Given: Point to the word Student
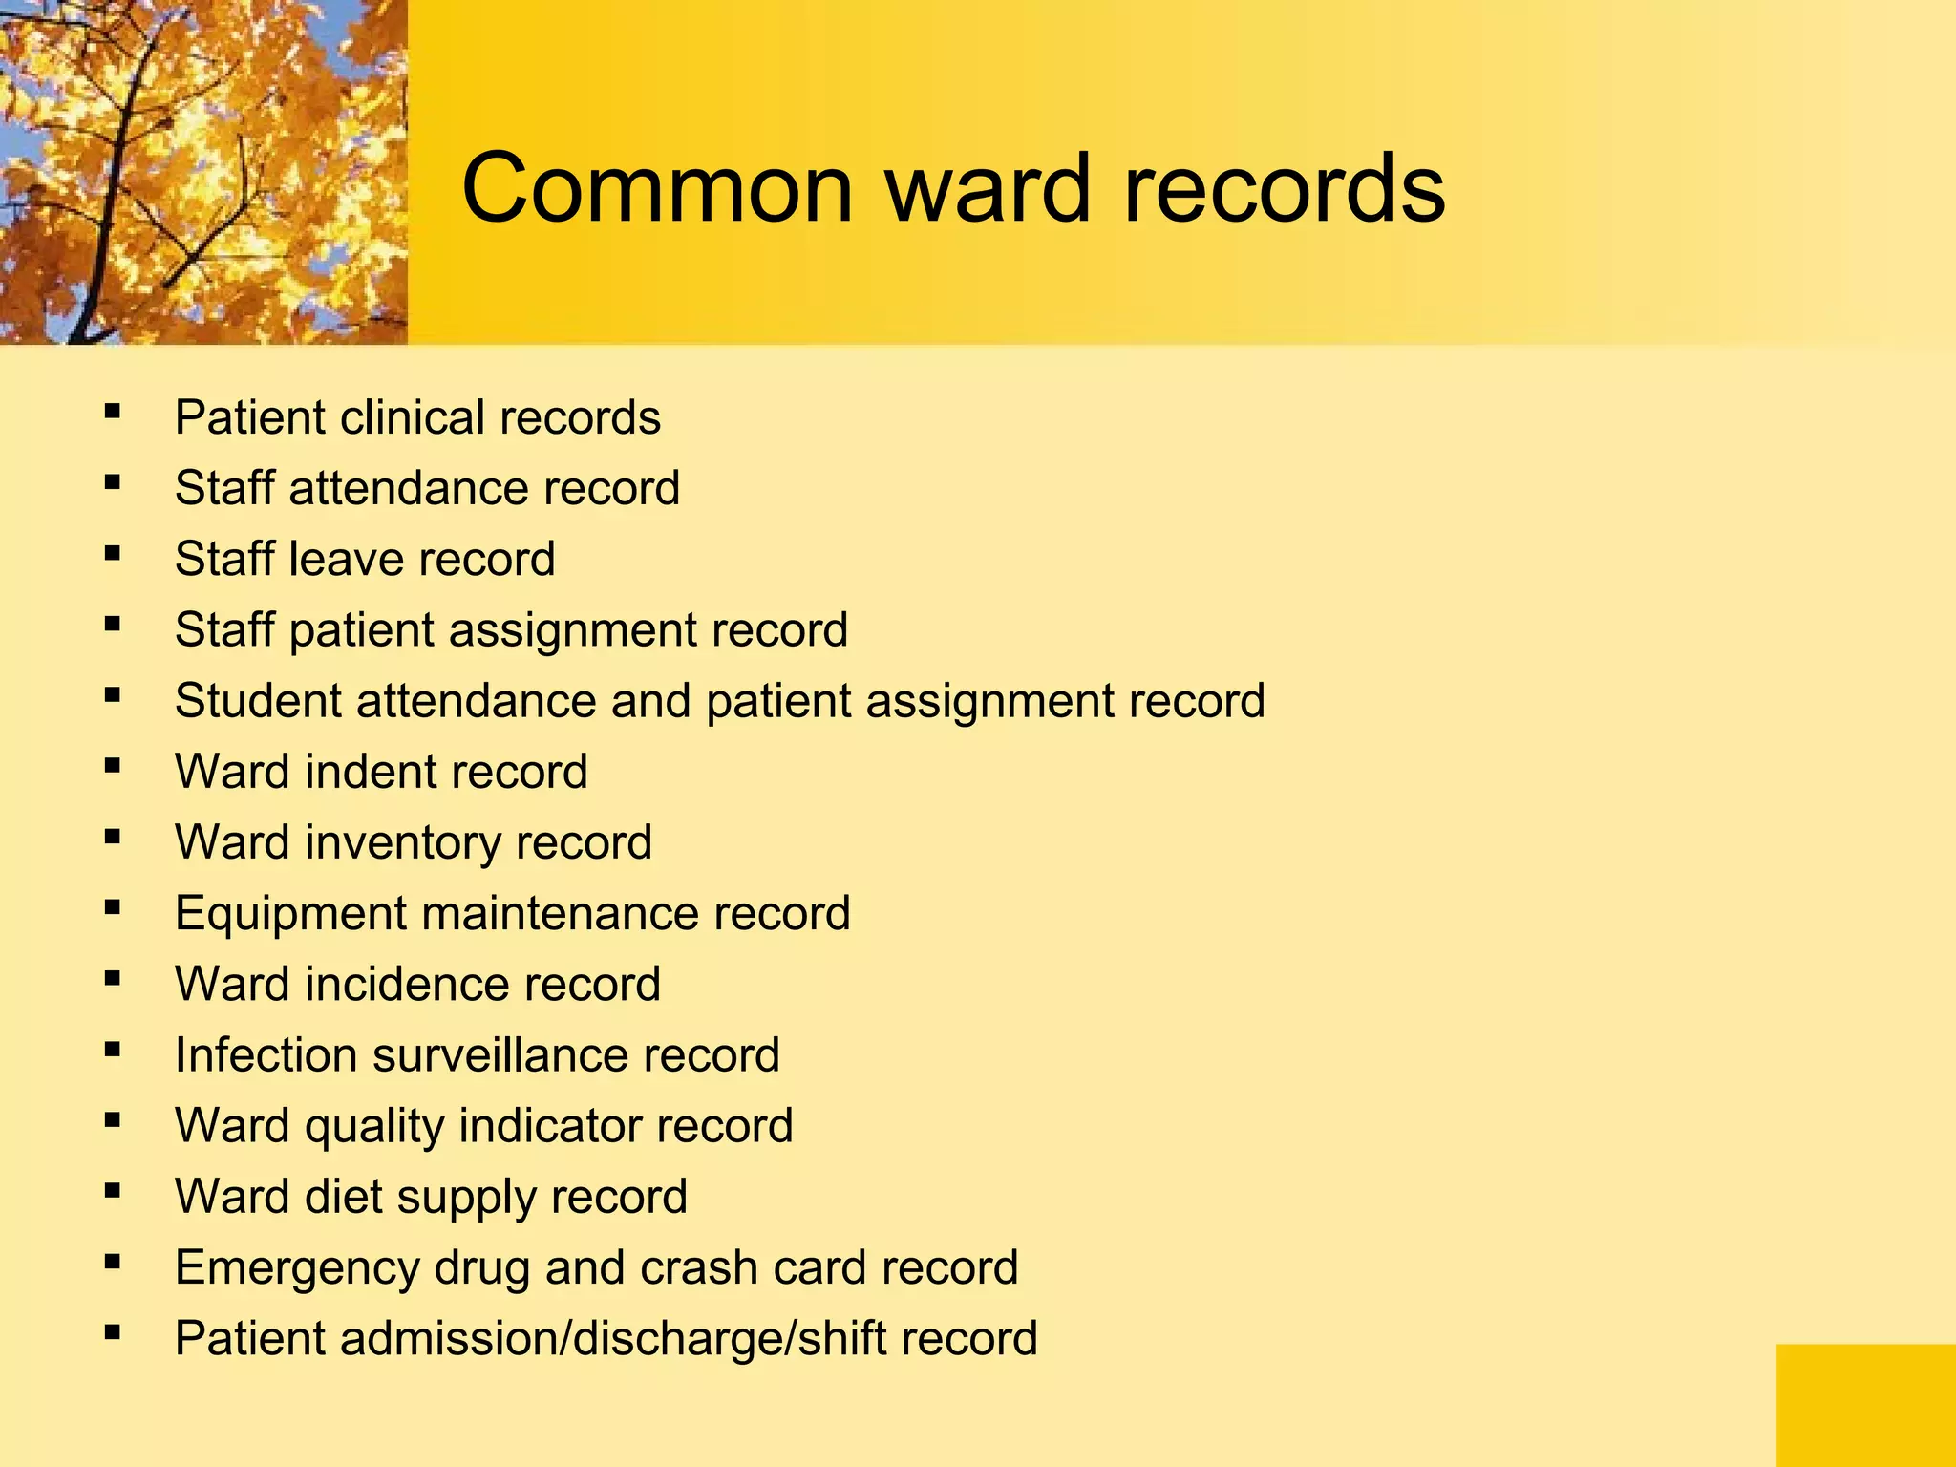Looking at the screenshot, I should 258,701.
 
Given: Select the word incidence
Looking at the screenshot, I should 406,984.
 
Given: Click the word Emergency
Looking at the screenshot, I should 297,1268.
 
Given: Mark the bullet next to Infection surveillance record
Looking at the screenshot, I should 113,1050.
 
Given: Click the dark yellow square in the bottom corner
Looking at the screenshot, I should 1865,1405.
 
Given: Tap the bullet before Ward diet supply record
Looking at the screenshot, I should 113,1191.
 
